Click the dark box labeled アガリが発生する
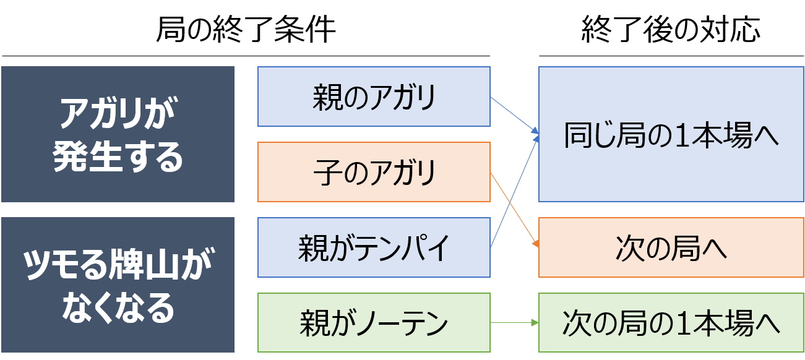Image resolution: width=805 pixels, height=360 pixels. (118, 134)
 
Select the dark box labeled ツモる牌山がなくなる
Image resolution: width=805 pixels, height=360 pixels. (118, 285)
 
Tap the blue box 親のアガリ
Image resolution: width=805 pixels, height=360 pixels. (374, 96)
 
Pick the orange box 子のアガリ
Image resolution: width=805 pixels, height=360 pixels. (374, 172)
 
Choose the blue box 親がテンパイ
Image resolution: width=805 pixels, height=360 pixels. (374, 247)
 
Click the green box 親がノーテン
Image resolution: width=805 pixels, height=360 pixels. (374, 323)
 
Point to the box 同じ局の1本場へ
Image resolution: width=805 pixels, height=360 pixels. (671, 134)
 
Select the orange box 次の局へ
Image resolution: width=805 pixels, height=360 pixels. (671, 247)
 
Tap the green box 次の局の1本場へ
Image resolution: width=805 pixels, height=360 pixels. (671, 323)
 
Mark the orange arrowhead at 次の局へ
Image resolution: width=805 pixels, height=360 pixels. (535, 245)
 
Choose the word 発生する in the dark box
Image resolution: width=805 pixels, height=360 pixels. (118, 159)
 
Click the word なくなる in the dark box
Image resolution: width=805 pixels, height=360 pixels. (118, 308)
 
